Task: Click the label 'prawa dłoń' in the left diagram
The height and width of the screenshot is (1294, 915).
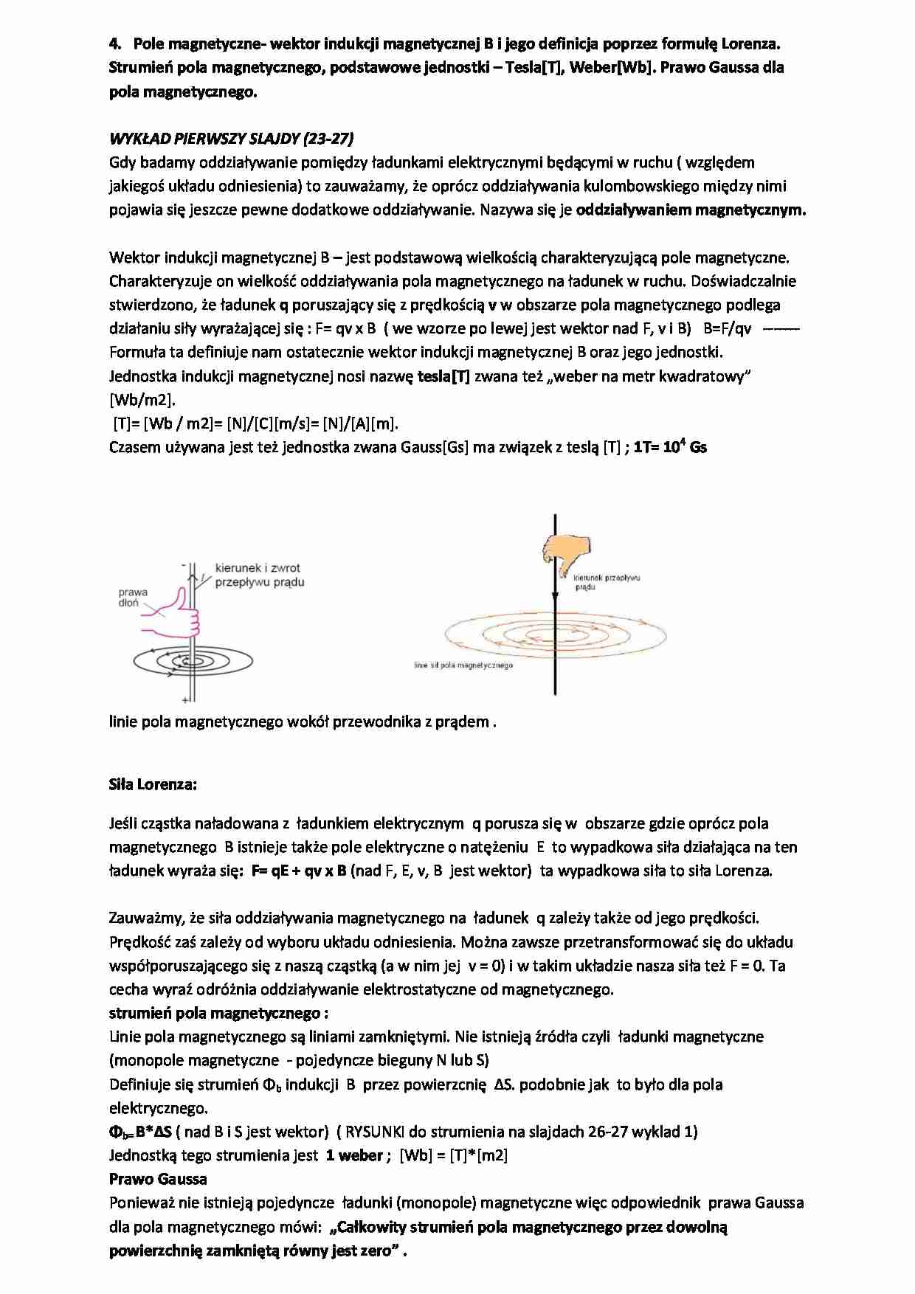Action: click(x=133, y=598)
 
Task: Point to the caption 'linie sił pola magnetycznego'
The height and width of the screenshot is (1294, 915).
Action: click(x=463, y=665)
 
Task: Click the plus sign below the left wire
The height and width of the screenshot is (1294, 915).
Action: click(x=184, y=699)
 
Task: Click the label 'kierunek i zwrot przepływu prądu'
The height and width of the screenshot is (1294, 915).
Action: click(x=258, y=575)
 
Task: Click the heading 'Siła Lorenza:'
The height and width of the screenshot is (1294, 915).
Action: click(x=153, y=784)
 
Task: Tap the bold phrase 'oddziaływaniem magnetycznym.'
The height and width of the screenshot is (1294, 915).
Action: click(x=691, y=210)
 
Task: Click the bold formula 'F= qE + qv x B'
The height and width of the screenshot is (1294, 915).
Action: click(x=299, y=871)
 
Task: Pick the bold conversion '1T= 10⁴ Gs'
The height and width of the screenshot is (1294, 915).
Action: click(x=670, y=447)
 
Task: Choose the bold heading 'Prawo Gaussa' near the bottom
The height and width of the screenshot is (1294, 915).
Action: click(x=158, y=1178)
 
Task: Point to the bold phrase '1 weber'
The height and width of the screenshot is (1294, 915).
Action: click(x=354, y=1155)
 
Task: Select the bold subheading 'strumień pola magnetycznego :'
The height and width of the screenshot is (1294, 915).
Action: click(x=218, y=1013)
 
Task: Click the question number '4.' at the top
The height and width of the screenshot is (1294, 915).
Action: click(x=116, y=44)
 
